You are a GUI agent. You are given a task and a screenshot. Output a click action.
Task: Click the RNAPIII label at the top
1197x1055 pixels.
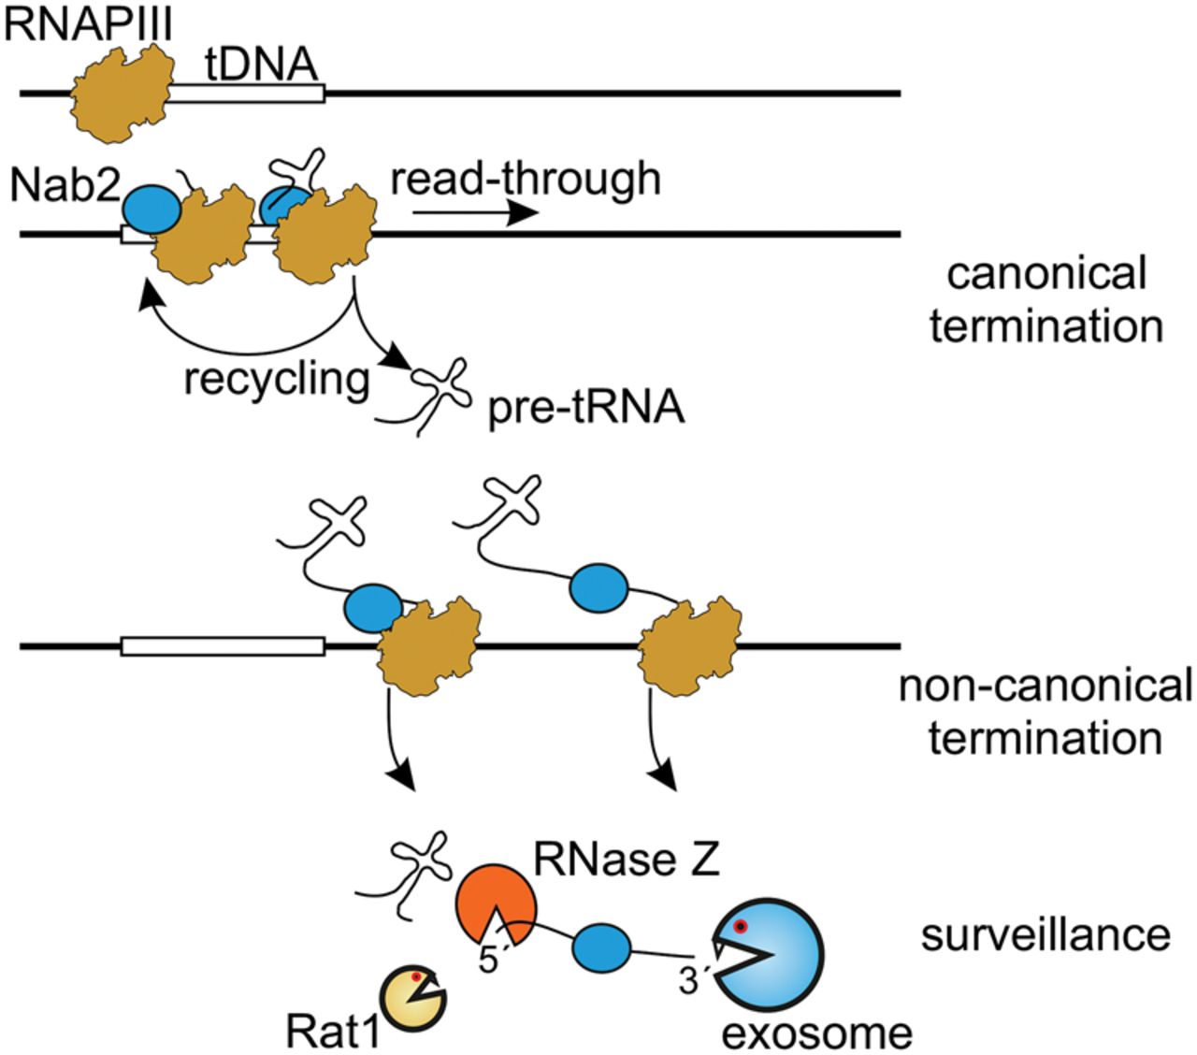(89, 21)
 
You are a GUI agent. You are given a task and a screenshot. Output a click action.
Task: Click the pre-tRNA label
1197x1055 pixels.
(586, 409)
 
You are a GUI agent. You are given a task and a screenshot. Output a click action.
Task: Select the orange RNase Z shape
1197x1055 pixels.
(496, 903)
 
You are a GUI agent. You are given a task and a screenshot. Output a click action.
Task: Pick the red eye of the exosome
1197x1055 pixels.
(741, 927)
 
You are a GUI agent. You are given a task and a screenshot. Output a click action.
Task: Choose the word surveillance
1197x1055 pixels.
(1045, 934)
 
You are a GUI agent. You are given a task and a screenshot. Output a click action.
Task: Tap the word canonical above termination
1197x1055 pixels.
(1046, 274)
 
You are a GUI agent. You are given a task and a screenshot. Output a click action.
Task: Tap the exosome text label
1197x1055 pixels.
(816, 1032)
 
